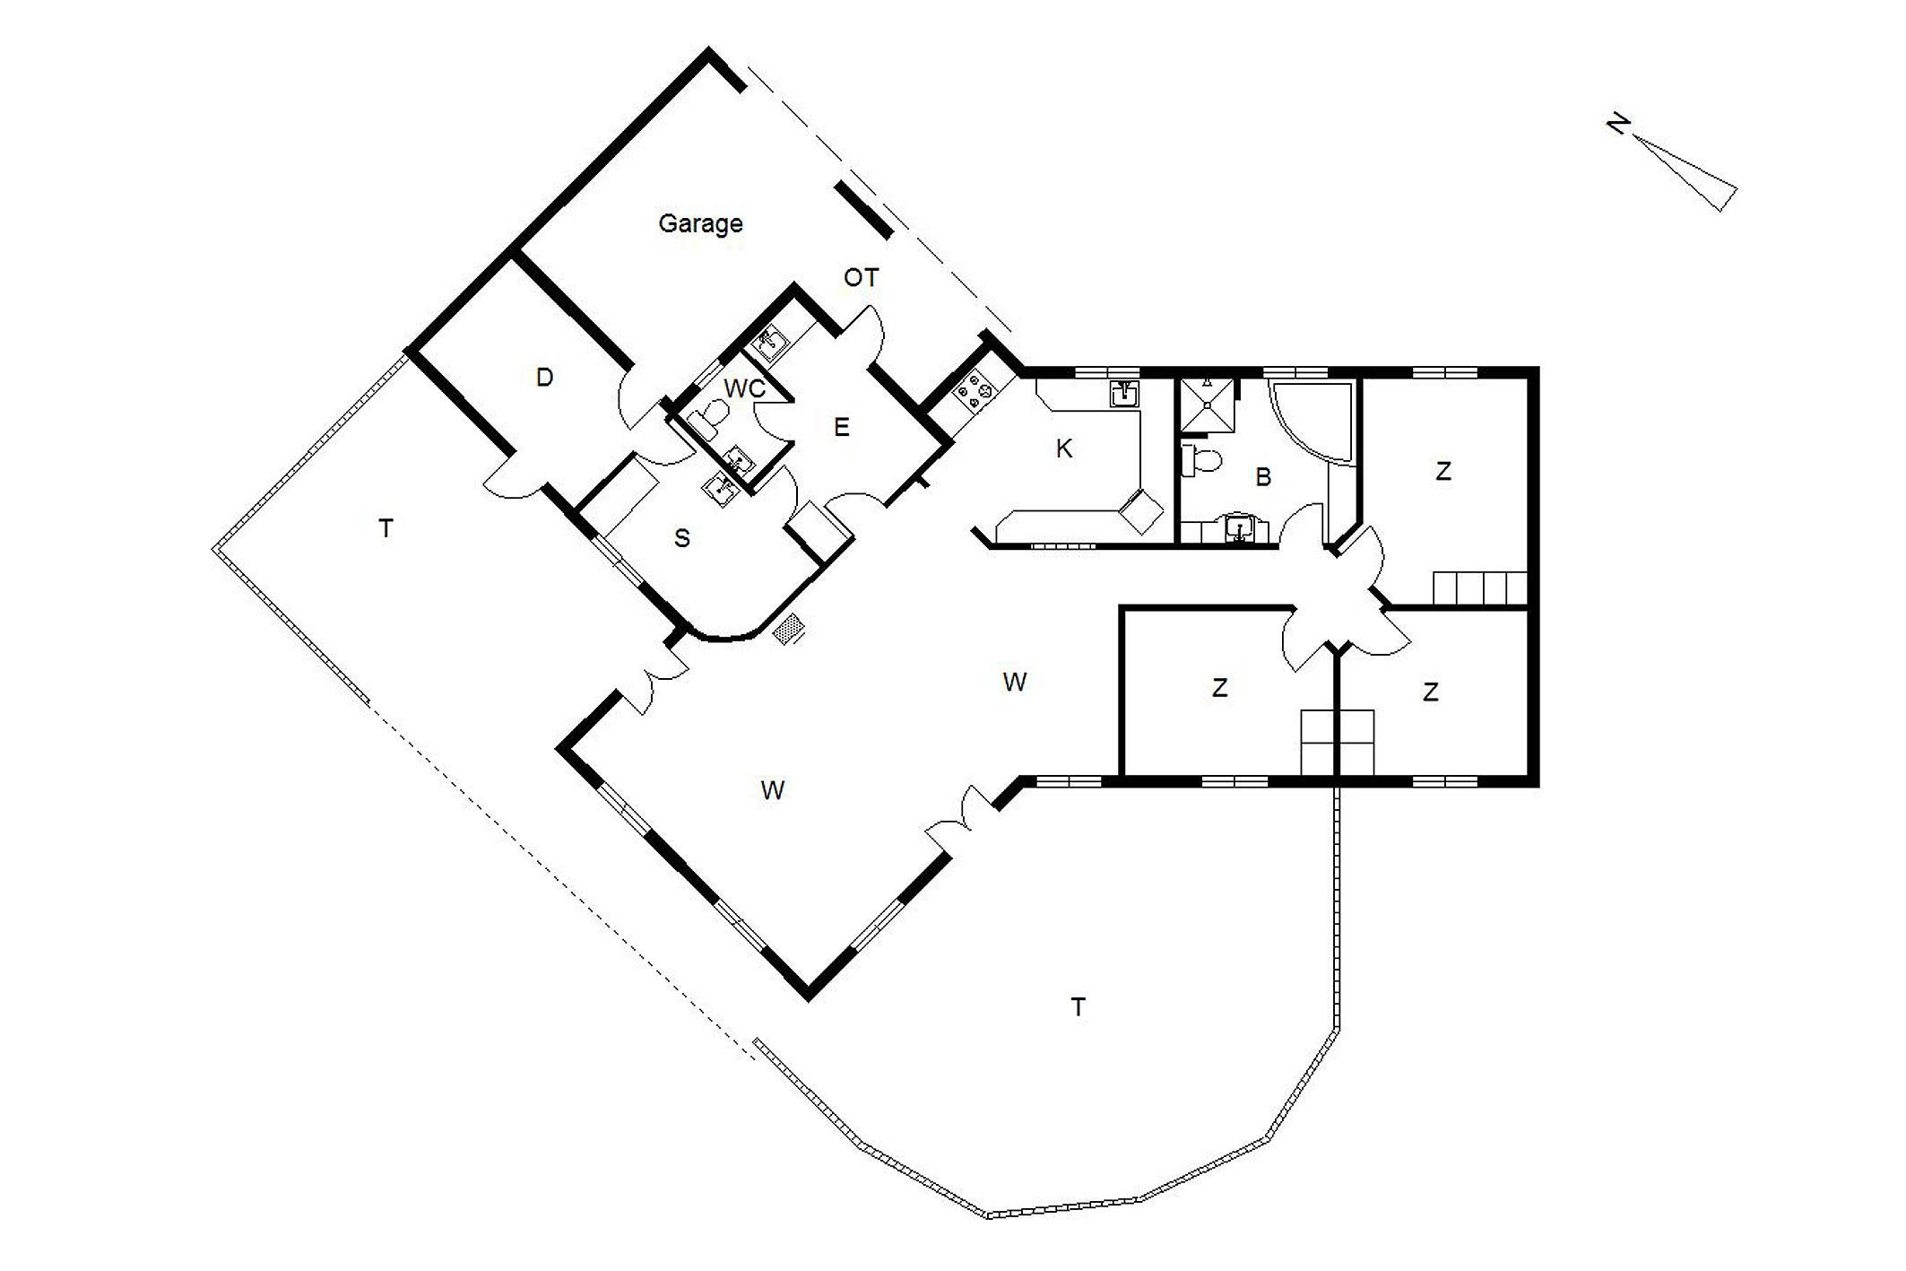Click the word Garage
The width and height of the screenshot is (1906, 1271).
[x=700, y=223]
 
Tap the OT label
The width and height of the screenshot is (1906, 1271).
[x=861, y=278]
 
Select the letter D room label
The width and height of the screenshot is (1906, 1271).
[x=544, y=378]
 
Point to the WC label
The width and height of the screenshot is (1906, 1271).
[x=744, y=388]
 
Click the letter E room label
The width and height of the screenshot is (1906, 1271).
[x=841, y=427]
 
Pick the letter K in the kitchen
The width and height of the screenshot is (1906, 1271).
[x=1064, y=448]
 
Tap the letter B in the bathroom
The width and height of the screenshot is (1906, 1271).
[x=1263, y=477]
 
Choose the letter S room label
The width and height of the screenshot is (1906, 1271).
[x=682, y=538]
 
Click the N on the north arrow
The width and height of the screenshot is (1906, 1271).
[x=1616, y=124]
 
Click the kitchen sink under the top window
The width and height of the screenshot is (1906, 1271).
[x=1124, y=394]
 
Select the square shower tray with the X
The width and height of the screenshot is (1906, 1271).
[x=1207, y=405]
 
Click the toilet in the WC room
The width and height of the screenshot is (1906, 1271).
[x=713, y=419]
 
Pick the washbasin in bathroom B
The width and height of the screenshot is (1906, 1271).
[x=1239, y=528]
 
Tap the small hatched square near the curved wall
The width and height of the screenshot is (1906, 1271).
[x=788, y=629]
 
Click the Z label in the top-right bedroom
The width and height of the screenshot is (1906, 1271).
[x=1443, y=472]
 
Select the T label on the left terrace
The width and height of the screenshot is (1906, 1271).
[x=386, y=529]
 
